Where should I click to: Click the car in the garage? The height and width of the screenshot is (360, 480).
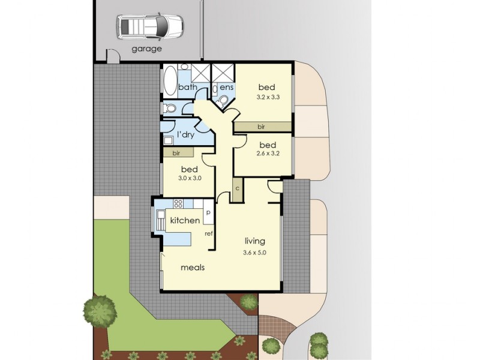[151, 26]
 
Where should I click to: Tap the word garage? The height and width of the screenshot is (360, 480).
[147, 49]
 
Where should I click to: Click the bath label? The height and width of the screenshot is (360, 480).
[187, 88]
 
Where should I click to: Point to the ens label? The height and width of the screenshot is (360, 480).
[226, 88]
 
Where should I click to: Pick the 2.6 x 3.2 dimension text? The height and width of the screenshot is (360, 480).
[268, 154]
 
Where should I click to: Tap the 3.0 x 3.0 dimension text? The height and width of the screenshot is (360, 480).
[189, 179]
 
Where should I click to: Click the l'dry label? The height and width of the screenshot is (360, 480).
[185, 134]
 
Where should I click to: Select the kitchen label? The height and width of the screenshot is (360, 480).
[185, 221]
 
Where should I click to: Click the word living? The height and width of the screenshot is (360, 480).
[254, 241]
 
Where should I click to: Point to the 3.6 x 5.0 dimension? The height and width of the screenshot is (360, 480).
[254, 253]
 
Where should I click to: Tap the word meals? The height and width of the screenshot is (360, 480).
[193, 268]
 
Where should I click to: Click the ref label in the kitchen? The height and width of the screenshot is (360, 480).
[209, 233]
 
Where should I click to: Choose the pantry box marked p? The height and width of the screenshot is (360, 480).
[208, 212]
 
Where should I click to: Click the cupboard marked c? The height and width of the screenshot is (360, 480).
[238, 188]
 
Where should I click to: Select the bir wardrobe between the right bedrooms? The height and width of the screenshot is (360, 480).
[262, 127]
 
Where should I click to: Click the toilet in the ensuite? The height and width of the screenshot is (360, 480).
[223, 100]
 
